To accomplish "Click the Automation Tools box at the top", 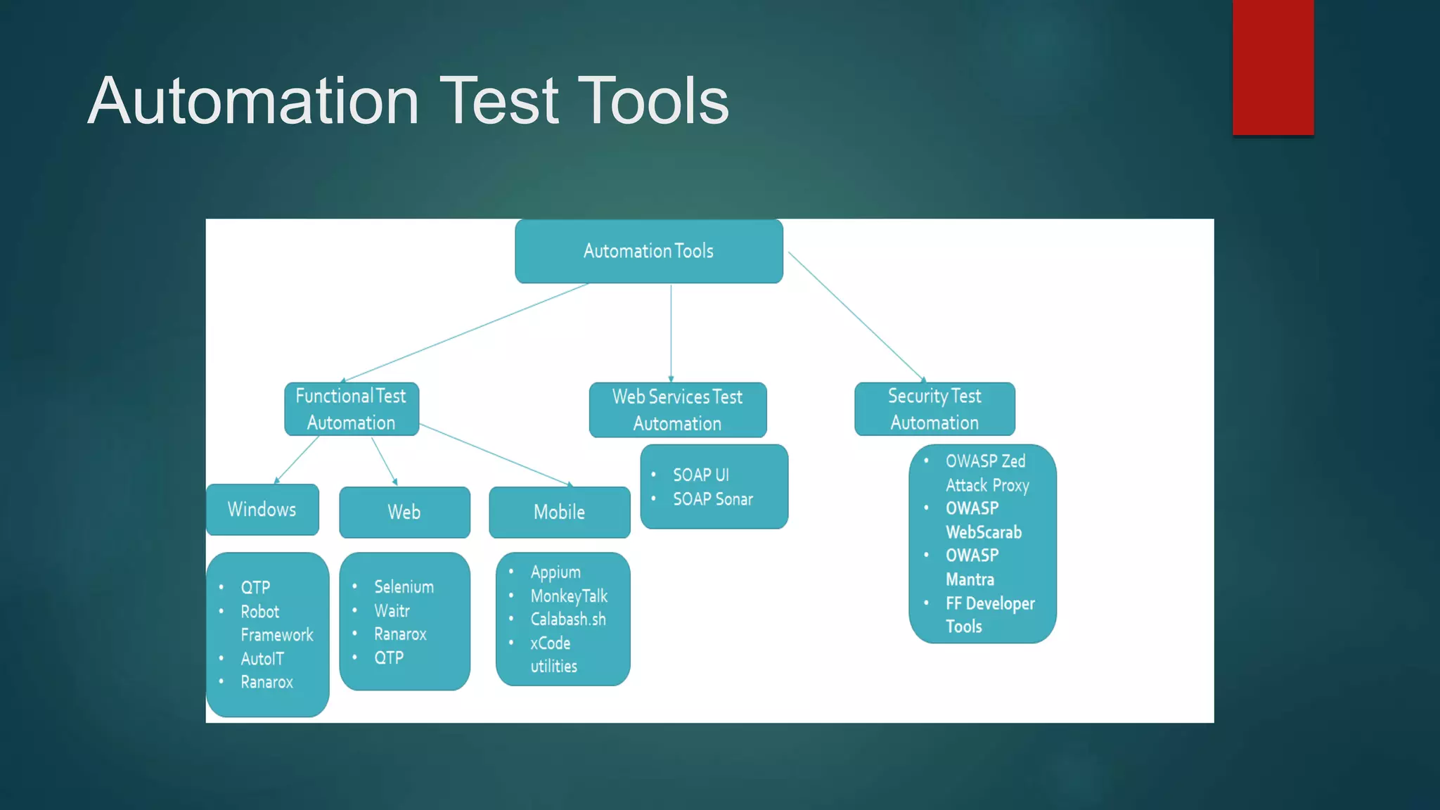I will [x=648, y=251].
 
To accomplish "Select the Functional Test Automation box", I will [x=351, y=409].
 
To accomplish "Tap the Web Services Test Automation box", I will [x=677, y=410].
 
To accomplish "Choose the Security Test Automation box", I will [x=934, y=409].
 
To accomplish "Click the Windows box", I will [x=262, y=510].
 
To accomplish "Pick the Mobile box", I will [x=559, y=512].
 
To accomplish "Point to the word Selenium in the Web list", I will [x=404, y=586].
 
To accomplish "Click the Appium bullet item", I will [x=555, y=572].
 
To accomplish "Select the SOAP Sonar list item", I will [x=712, y=499].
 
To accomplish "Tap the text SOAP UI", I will [x=700, y=475].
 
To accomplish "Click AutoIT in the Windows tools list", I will [x=262, y=659].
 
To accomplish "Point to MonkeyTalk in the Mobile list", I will [x=569, y=596].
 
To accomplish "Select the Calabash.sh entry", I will [x=567, y=619].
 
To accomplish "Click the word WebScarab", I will [x=983, y=532].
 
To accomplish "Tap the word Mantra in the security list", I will [x=970, y=579].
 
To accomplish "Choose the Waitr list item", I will [x=392, y=610].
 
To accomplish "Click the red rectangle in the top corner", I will [x=1273, y=67].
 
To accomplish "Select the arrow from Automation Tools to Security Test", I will [x=856, y=316].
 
